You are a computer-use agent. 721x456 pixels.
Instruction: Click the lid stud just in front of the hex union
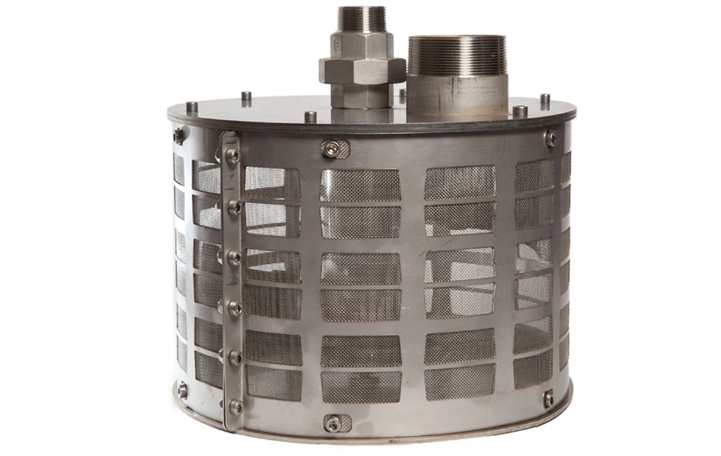coord(310,117)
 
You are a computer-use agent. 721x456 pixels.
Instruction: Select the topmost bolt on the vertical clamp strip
coord(233,155)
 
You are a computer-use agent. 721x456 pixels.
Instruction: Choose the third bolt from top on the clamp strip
coord(233,257)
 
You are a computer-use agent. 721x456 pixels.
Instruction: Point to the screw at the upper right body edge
coord(549,138)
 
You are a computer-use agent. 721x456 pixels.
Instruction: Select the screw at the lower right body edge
coord(548,399)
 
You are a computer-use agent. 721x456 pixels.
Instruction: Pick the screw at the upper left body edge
coord(179,136)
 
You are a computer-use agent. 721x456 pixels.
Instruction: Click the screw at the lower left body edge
coord(182,391)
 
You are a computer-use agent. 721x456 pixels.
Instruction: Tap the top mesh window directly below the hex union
coord(359,185)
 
